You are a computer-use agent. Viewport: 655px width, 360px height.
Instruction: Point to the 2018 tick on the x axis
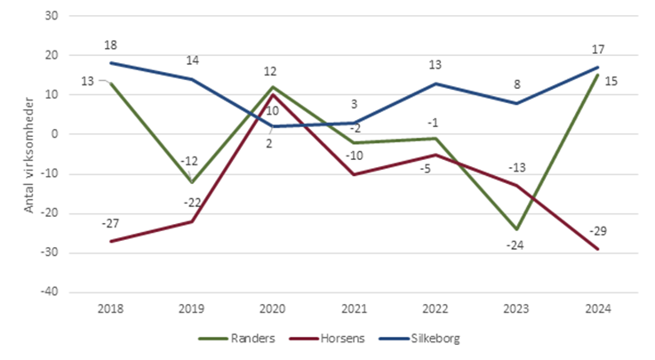click(x=112, y=308)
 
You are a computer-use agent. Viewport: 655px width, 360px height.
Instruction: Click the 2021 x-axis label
click(x=355, y=308)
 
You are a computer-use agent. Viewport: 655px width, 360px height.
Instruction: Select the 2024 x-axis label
click(x=597, y=308)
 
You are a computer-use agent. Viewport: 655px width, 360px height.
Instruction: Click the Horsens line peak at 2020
click(x=274, y=94)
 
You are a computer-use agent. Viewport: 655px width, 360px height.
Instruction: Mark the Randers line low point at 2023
click(x=516, y=228)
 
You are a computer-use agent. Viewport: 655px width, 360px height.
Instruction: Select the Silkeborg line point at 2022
click(x=435, y=84)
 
